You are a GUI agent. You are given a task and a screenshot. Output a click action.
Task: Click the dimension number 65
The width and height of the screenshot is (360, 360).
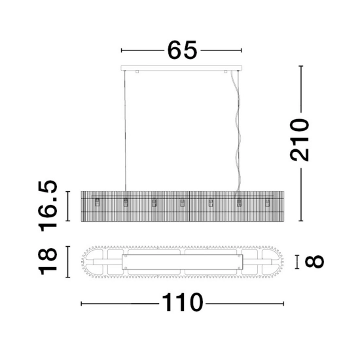182,50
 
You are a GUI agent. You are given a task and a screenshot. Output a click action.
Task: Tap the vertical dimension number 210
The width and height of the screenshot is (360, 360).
300,140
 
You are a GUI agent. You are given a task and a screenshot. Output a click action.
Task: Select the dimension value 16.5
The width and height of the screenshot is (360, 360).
48,206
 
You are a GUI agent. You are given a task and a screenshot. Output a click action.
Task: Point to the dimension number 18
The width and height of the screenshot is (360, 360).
48,261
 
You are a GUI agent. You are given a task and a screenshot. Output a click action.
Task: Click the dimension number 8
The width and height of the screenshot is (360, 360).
314,262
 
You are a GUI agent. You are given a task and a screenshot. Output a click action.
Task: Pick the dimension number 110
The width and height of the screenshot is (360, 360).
183,302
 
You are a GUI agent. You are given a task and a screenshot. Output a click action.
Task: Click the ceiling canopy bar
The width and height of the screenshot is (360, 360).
181,68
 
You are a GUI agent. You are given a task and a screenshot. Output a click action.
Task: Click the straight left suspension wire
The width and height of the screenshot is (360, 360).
125,131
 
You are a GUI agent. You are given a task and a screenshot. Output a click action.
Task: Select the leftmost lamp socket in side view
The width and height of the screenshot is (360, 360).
98,202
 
